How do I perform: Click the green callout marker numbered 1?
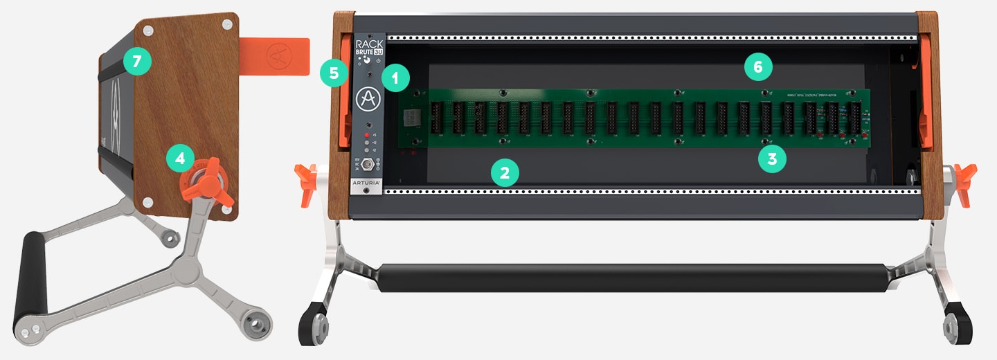[x=395, y=78]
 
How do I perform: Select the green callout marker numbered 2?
[x=505, y=172]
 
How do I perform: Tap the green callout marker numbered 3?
[x=772, y=159]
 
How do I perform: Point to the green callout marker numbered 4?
[x=180, y=158]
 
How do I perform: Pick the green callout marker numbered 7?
[x=137, y=61]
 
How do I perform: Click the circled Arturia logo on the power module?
[x=368, y=100]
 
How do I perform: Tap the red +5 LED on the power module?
[x=367, y=135]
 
